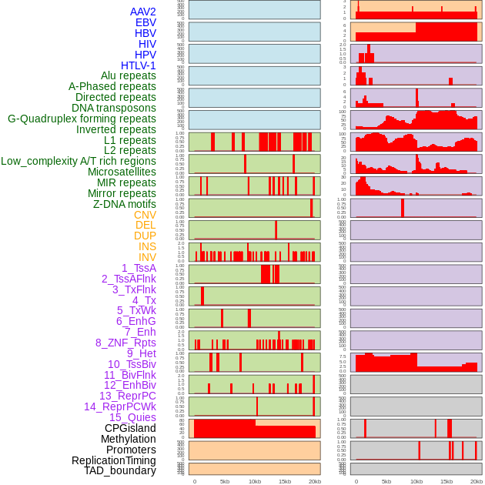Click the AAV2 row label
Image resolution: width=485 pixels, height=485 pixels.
pyautogui.click(x=142, y=12)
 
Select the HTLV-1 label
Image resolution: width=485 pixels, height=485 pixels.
pyautogui.click(x=138, y=65)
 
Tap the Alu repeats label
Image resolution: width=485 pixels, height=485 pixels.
pyautogui.click(x=128, y=75)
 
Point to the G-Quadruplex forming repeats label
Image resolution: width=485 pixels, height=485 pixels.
pyautogui.click(x=82, y=119)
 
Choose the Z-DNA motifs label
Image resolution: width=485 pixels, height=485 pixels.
pyautogui.click(x=125, y=204)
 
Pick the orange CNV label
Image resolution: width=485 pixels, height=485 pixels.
pyautogui.click(x=145, y=215)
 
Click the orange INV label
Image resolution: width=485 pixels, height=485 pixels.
pyautogui.click(x=147, y=257)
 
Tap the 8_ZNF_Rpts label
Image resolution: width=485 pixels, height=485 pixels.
pyautogui.click(x=125, y=343)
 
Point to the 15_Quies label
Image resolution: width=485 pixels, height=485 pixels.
pyautogui.click(x=132, y=416)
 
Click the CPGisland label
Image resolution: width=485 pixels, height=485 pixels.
pyautogui.click(x=130, y=428)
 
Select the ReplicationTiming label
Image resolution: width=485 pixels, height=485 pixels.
pyautogui.click(x=113, y=460)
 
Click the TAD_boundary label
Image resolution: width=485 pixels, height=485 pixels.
pyautogui.click(x=120, y=470)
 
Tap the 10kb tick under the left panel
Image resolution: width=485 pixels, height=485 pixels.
pyautogui.click(x=254, y=481)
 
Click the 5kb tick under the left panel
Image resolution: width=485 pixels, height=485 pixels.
pyautogui.click(x=224, y=481)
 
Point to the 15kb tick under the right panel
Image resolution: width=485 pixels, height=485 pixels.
pyautogui.click(x=446, y=481)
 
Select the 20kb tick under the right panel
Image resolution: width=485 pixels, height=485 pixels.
pyautogui.click(x=477, y=481)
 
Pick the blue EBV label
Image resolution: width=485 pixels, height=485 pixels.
pyautogui.click(x=145, y=22)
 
